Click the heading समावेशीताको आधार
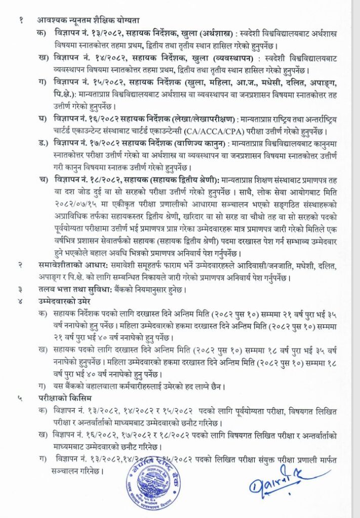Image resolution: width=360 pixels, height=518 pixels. (x=71, y=265)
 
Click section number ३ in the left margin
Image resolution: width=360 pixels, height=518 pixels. (x=20, y=290)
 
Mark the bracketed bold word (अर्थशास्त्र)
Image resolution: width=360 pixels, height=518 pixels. (x=218, y=33)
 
